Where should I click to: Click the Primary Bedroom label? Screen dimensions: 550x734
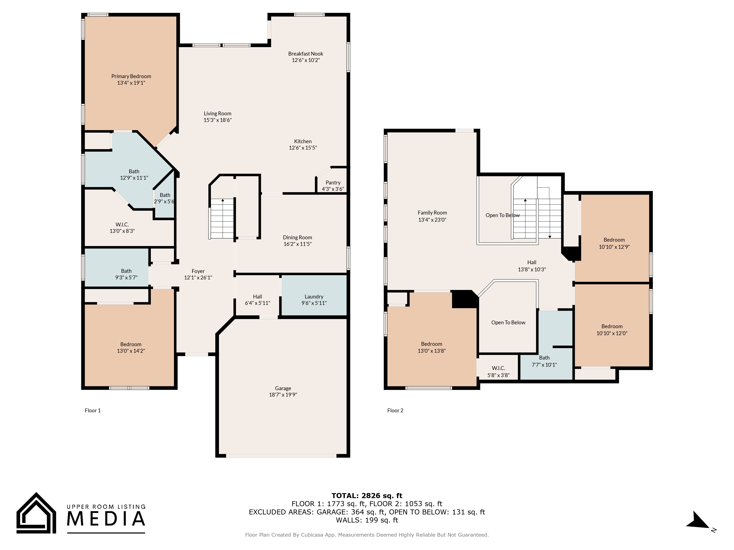[x=131, y=76]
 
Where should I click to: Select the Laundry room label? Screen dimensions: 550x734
[x=314, y=297]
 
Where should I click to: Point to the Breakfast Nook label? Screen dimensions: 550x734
[x=305, y=54]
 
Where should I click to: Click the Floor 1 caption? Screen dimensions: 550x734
[x=93, y=410]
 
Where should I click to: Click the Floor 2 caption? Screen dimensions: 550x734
[x=395, y=410]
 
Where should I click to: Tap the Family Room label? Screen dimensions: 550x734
[x=432, y=213]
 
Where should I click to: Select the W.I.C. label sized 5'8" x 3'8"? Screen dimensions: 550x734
[x=498, y=368]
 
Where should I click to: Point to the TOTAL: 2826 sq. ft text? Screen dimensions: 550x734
[x=367, y=496]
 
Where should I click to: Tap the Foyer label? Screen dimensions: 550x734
[x=198, y=271]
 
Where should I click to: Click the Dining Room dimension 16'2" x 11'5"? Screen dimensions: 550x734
[x=297, y=244]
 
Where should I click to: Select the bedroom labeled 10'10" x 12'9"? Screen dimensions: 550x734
[x=614, y=240]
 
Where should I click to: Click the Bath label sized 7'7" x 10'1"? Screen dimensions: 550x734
[x=544, y=358]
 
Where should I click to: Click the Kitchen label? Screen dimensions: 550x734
[x=303, y=141]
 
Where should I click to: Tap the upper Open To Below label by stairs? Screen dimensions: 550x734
[x=502, y=215]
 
